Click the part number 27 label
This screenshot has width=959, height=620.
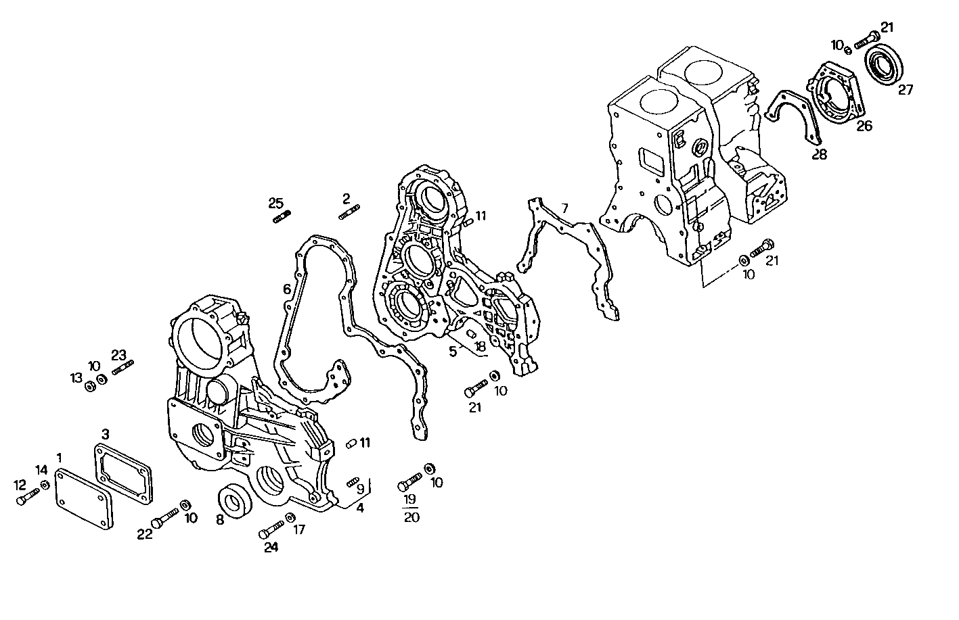pos(906,89)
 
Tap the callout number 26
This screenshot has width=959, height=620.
pos(864,125)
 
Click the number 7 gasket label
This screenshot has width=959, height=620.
pos(564,208)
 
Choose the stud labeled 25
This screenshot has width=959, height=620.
pos(282,216)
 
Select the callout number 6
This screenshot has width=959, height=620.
pos(287,289)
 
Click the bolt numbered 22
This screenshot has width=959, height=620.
pos(162,519)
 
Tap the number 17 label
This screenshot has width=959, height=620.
pos(299,530)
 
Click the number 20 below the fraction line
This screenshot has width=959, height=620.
pos(411,518)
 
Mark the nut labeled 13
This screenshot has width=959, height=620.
pos(89,387)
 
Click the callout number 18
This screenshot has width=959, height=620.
pos(480,347)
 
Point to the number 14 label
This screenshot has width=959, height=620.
pos(42,470)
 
